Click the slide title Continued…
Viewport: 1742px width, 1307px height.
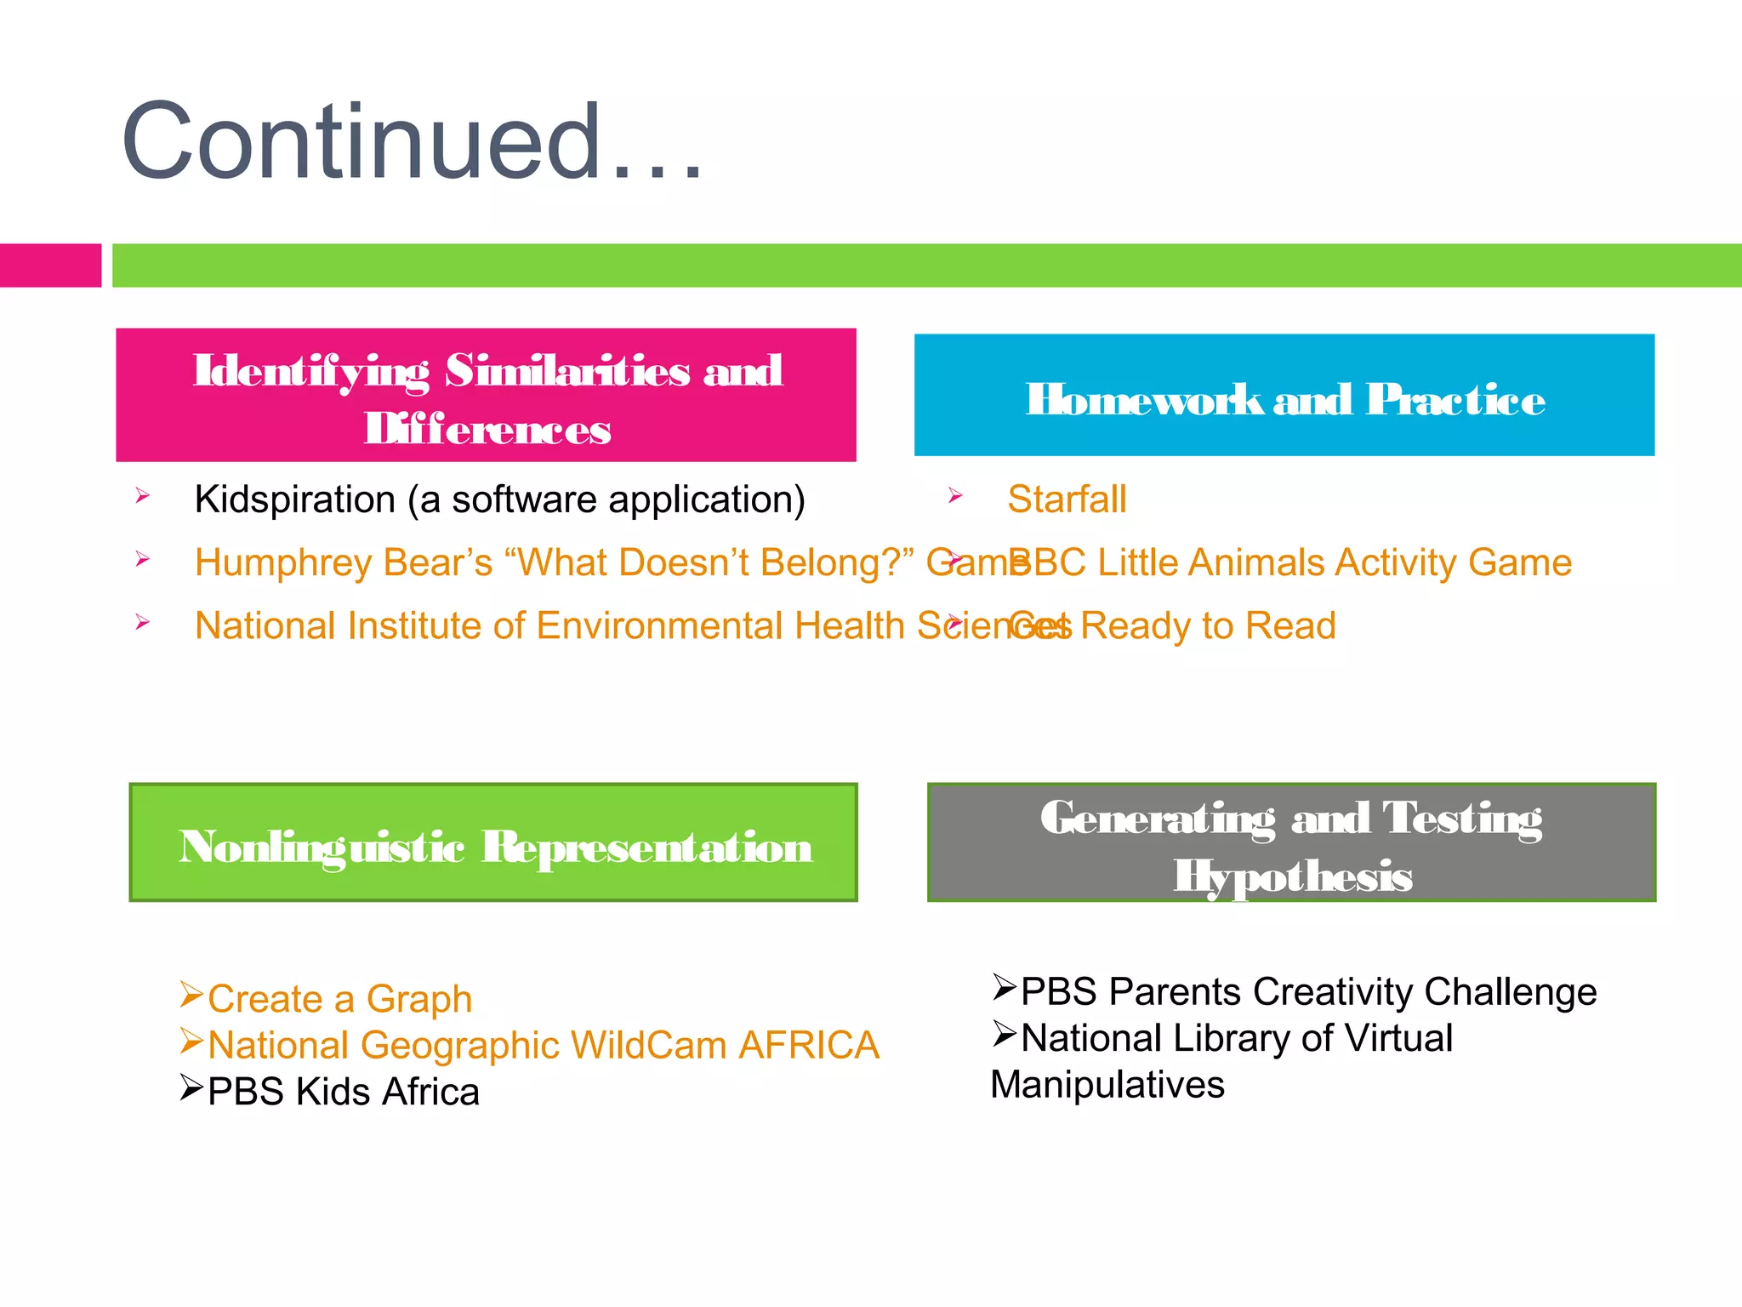pyautogui.click(x=413, y=142)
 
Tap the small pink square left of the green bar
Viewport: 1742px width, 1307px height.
pyautogui.click(x=50, y=265)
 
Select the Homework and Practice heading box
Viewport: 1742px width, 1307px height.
pyautogui.click(x=1284, y=396)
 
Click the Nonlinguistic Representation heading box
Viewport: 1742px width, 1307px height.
pyautogui.click(x=493, y=842)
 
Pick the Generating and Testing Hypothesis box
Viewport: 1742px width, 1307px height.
pyautogui.click(x=1291, y=842)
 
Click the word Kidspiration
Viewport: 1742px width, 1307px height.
pyautogui.click(x=294, y=499)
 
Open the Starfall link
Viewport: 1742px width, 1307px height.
pyautogui.click(x=1067, y=499)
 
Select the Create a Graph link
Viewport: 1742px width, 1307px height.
pyautogui.click(x=339, y=999)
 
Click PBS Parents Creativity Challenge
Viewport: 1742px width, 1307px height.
pyautogui.click(x=1308, y=992)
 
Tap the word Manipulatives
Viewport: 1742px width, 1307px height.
pyautogui.click(x=1107, y=1085)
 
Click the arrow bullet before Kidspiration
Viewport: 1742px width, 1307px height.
pyautogui.click(x=142, y=495)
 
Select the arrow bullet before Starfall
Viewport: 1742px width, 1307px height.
pyautogui.click(x=955, y=495)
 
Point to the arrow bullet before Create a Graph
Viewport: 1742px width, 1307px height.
pyautogui.click(x=191, y=994)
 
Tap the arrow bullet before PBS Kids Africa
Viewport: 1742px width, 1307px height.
pyautogui.click(x=191, y=1087)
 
